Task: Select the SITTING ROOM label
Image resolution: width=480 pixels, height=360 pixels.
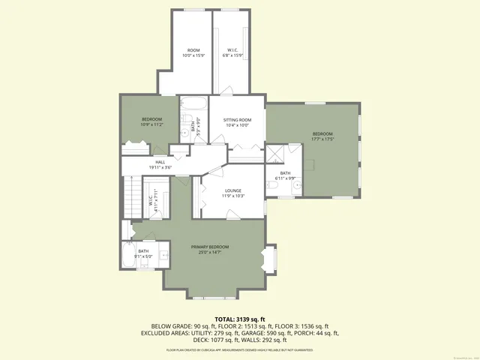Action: pyautogui.click(x=237, y=120)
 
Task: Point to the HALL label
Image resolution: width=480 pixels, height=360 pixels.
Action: pyautogui.click(x=160, y=162)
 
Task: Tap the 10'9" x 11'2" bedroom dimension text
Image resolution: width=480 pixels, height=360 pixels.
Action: pyautogui.click(x=152, y=124)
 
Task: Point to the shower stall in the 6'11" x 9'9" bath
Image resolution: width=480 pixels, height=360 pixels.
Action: pyautogui.click(x=275, y=154)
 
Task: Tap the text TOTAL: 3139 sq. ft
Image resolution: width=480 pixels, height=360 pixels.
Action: pyautogui.click(x=240, y=319)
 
